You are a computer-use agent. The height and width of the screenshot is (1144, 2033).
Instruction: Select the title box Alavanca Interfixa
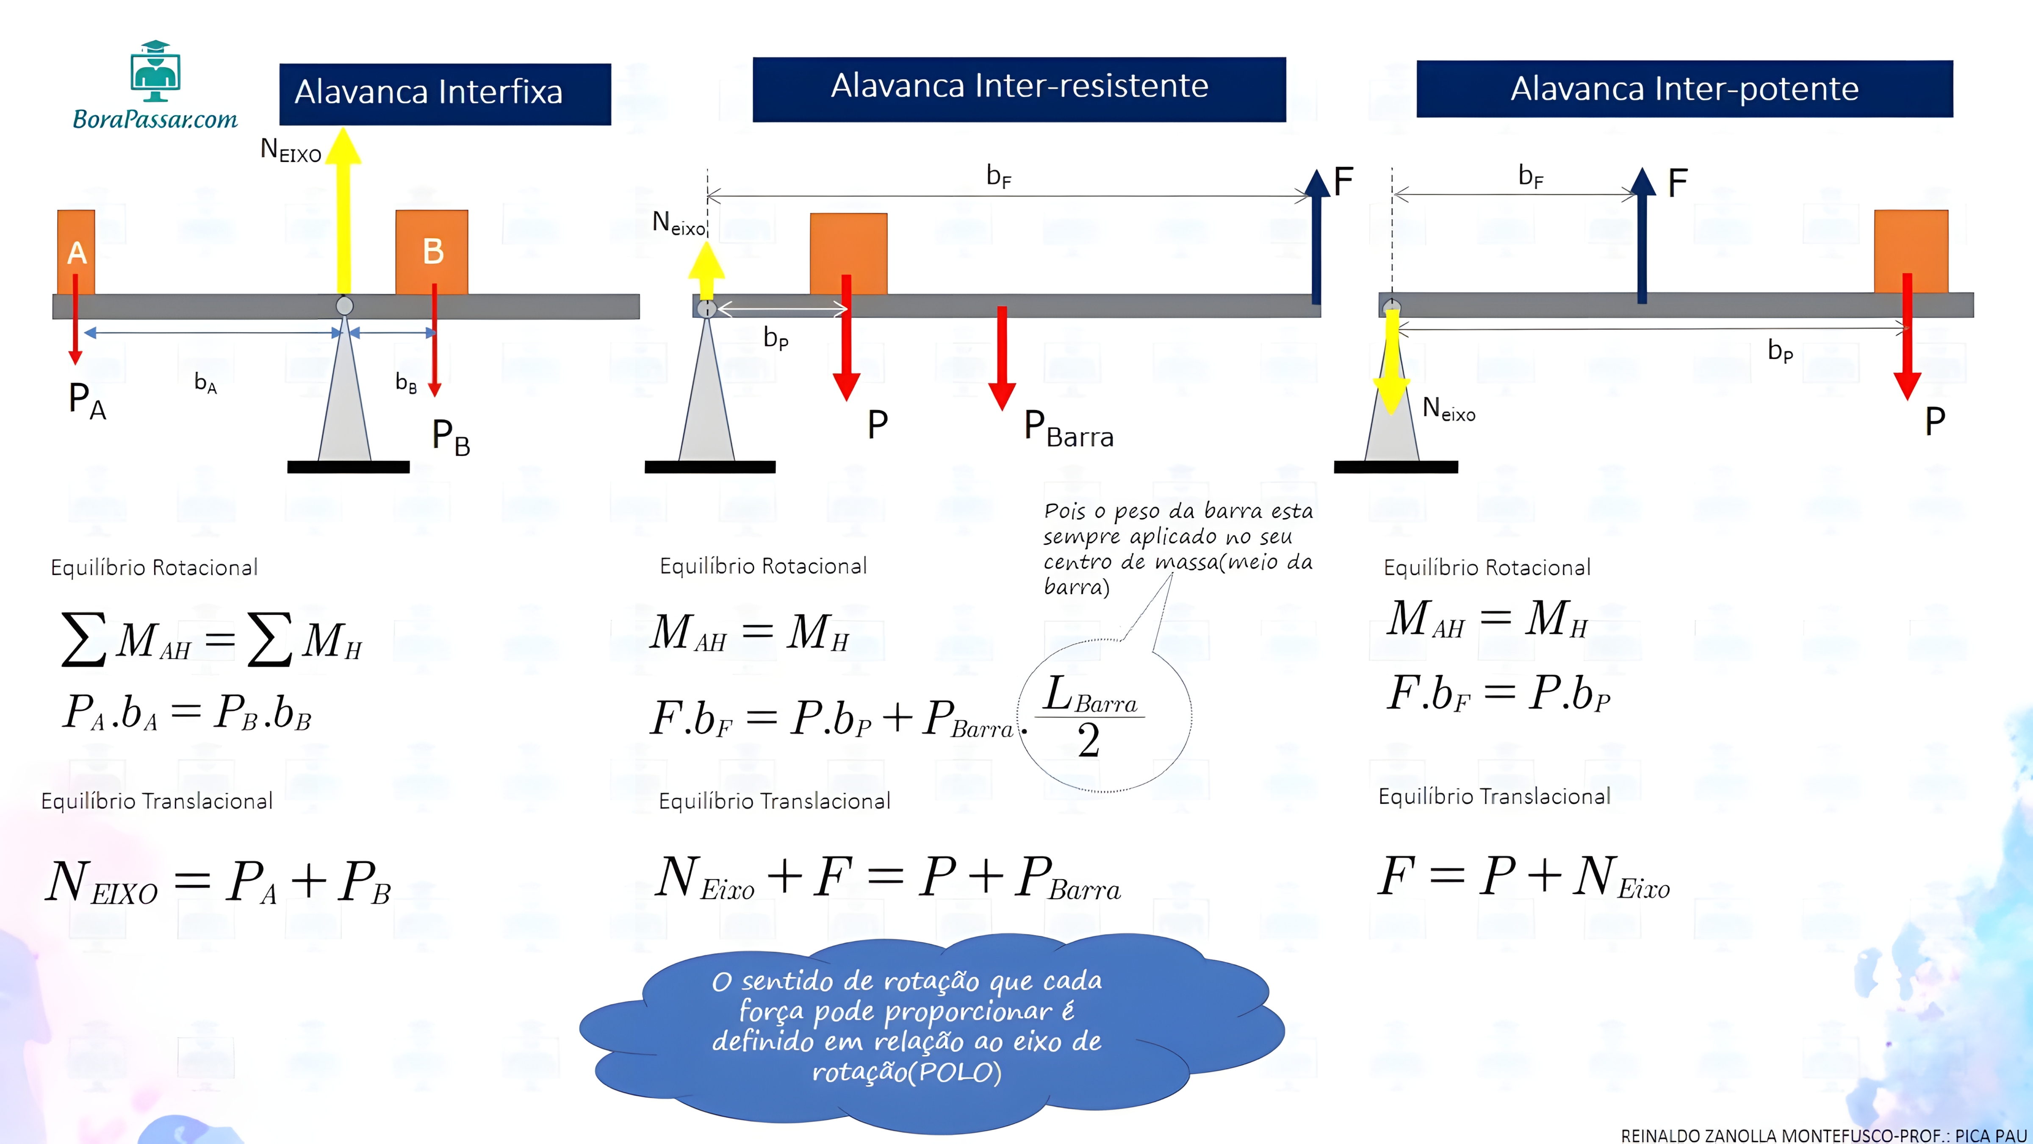pyautogui.click(x=444, y=93)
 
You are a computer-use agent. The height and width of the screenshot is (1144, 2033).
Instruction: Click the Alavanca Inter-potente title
pyautogui.click(x=1684, y=89)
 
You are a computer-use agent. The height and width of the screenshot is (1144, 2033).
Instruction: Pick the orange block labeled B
pyautogui.click(x=432, y=251)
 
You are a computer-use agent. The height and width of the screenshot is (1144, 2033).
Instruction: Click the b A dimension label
pyautogui.click(x=205, y=384)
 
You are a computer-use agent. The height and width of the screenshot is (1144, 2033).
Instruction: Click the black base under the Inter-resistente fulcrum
pyautogui.click(x=709, y=466)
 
